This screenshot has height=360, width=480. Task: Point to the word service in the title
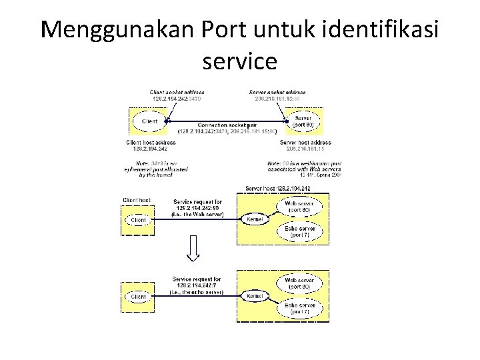239,61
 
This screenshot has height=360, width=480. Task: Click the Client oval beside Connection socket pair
150,122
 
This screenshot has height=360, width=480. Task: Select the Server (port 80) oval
307,122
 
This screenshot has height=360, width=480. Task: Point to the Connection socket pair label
227,128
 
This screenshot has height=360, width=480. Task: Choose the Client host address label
151,145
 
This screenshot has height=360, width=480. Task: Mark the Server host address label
305,145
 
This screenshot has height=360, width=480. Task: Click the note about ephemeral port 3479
157,169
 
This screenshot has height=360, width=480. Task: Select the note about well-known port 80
304,169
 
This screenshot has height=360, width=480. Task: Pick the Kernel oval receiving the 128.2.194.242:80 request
253,219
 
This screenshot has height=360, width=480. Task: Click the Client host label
137,200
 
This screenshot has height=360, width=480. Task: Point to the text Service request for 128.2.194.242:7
197,285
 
